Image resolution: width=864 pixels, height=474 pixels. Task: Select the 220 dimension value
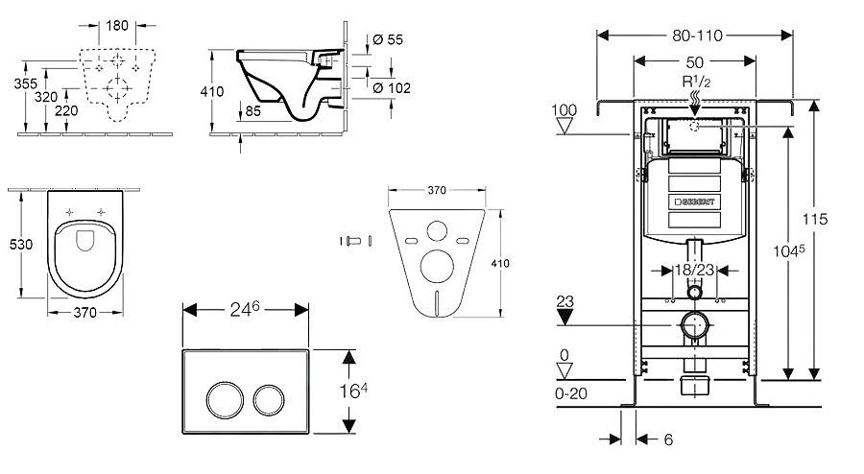[66, 110]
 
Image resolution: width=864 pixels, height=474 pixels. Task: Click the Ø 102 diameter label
[391, 88]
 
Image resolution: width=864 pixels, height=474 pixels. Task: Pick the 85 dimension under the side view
[252, 110]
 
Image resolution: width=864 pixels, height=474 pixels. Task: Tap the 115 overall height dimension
[817, 219]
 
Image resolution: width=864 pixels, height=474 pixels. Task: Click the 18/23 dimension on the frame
[693, 272]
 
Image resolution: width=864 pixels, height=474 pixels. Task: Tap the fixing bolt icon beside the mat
[353, 240]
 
